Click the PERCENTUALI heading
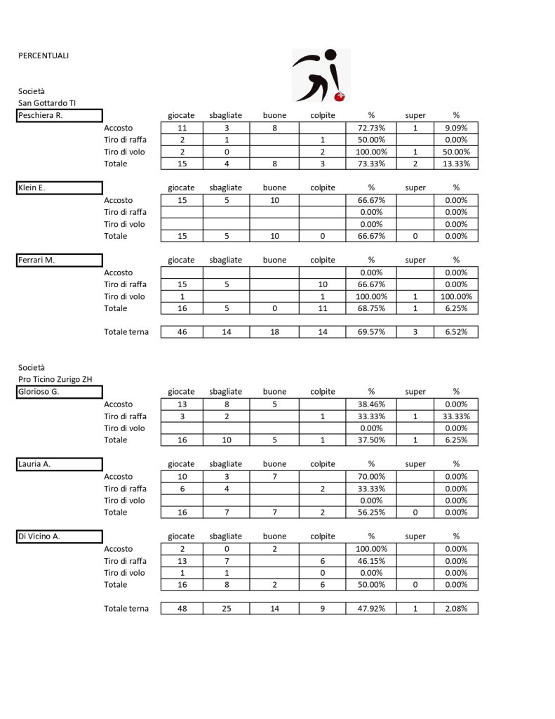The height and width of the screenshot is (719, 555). click(44, 55)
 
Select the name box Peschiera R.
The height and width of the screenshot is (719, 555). click(60, 116)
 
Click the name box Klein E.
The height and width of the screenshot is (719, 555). click(60, 188)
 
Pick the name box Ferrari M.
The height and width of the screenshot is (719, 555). click(60, 260)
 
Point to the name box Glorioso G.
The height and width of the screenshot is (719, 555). click(60, 393)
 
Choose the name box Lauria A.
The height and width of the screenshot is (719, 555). click(60, 464)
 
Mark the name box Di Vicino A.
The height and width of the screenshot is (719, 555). click(60, 536)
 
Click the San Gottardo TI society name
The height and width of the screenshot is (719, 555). click(47, 103)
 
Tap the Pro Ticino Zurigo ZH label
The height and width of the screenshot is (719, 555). click(55, 379)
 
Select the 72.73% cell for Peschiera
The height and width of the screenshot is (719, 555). click(371, 128)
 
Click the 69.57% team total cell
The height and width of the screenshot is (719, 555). click(371, 332)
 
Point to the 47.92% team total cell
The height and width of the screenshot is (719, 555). click(371, 609)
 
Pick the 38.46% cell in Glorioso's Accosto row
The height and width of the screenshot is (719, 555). click(371, 404)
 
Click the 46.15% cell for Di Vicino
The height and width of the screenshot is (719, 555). click(371, 561)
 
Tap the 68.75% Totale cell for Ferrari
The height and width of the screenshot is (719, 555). click(371, 308)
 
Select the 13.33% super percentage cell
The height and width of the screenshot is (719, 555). click(455, 164)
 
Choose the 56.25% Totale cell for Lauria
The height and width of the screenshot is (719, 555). click(371, 513)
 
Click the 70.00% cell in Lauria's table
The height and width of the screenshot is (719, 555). click(371, 477)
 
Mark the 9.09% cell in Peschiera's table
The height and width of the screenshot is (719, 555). click(455, 128)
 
